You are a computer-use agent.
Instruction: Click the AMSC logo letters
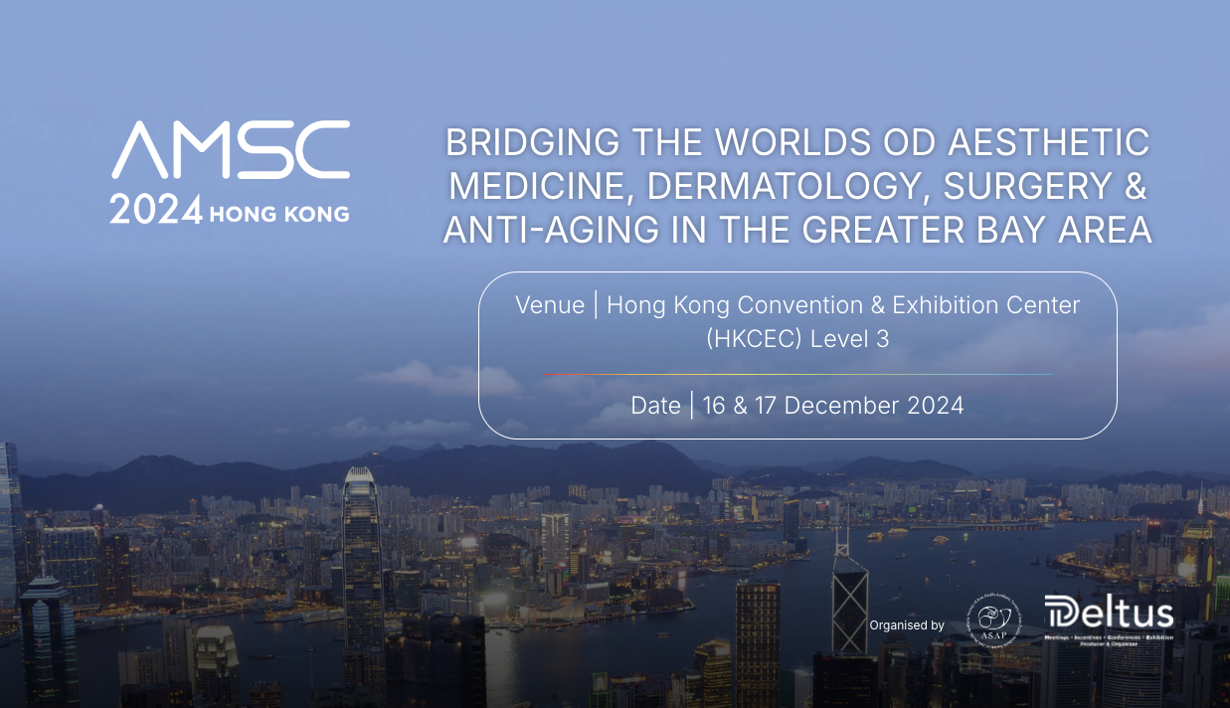point(231,150)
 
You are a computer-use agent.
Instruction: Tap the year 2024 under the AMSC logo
point(156,211)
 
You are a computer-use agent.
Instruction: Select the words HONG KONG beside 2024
point(279,213)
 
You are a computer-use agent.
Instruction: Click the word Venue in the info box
point(550,305)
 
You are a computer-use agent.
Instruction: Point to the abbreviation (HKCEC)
point(754,338)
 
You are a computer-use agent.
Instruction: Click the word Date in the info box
point(655,405)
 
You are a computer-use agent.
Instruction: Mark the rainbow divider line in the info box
point(796,374)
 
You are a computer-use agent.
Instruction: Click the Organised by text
point(907,625)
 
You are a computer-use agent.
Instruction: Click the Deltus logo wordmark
point(1109,614)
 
